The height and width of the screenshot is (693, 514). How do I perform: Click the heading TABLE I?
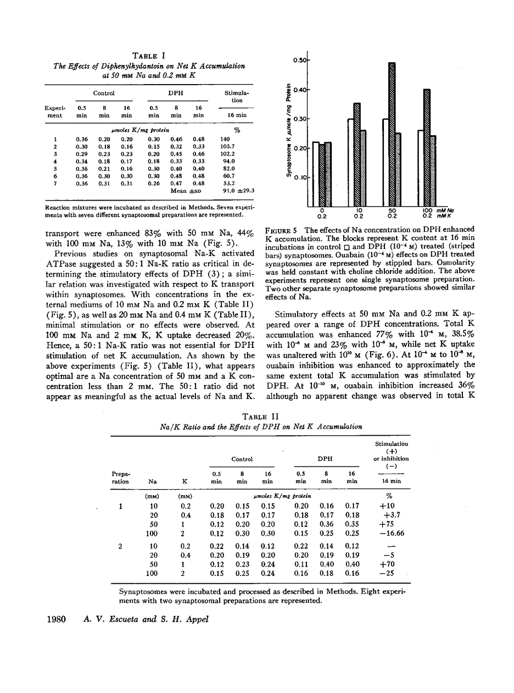[149, 56]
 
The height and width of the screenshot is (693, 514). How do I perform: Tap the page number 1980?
[54, 620]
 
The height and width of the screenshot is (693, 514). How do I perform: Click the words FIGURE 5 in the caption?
[282, 229]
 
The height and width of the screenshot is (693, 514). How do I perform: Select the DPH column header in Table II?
[325, 459]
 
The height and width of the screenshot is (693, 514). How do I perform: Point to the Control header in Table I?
[104, 93]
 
